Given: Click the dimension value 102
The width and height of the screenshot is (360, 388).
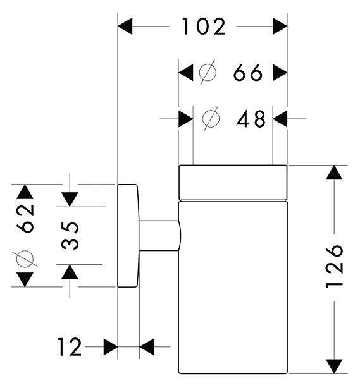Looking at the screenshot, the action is [204, 27].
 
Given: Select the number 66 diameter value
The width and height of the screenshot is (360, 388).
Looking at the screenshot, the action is [248, 73].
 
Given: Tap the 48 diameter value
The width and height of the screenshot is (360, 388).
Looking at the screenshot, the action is [251, 119].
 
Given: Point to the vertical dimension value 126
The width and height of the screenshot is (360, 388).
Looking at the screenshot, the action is [335, 266].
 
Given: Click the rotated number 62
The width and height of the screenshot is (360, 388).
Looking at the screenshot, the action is [25, 219].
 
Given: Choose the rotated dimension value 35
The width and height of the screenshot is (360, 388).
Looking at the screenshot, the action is [70, 235].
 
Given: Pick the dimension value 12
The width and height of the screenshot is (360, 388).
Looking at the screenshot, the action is [69, 347].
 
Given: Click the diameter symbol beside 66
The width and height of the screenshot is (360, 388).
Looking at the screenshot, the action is [208, 73].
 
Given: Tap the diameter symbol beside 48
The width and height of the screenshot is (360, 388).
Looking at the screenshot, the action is [211, 119].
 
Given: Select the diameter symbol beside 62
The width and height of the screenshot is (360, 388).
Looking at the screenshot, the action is [25, 258].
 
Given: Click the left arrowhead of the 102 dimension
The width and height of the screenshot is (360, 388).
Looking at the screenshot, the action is [125, 26].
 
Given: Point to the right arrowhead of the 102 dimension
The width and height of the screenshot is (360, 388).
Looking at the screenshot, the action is [280, 26].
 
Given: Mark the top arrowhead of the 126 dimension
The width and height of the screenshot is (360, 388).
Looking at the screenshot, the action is [334, 173].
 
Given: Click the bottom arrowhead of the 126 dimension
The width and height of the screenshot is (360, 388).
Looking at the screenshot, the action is [334, 367].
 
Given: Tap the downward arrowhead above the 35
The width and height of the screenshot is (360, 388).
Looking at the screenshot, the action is [70, 200].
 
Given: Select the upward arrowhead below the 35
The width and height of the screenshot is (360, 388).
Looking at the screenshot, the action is [70, 272].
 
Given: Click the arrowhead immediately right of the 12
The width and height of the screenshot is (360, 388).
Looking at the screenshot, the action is [111, 347].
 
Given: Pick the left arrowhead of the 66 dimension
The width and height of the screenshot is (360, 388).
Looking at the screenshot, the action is [186, 73].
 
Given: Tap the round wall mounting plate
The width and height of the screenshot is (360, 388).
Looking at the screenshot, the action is [127, 236].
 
